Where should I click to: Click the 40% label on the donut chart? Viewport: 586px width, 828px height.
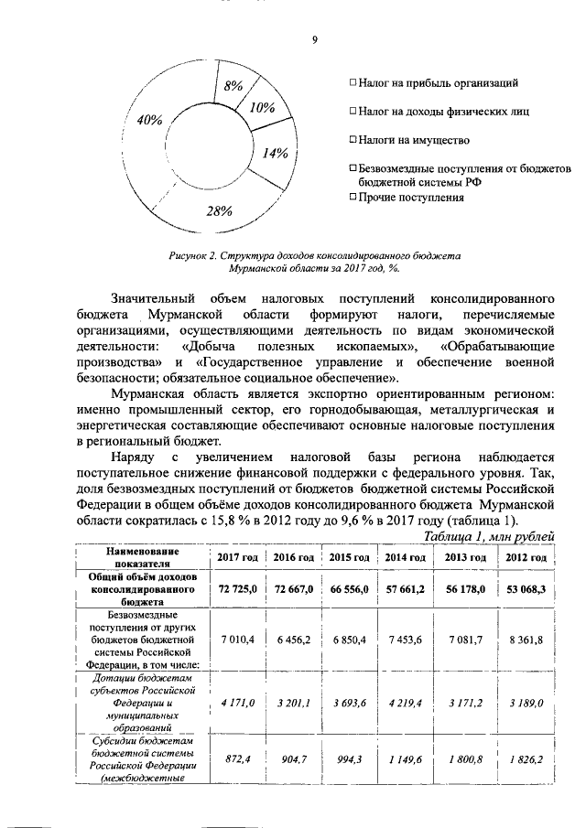(150, 120)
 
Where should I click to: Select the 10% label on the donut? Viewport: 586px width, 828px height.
(262, 108)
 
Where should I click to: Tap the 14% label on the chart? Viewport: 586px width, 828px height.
(276, 154)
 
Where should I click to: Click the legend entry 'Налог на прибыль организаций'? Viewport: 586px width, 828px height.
(440, 82)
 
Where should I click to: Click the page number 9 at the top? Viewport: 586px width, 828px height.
(314, 39)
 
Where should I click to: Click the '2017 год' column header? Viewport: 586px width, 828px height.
(236, 557)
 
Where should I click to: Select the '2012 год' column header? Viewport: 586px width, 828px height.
(526, 557)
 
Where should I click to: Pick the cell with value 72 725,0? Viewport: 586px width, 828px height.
(236, 590)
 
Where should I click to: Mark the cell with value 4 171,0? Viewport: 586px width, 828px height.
(236, 703)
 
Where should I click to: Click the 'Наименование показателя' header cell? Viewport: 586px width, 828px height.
(141, 557)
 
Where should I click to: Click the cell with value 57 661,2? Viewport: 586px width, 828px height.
(405, 590)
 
